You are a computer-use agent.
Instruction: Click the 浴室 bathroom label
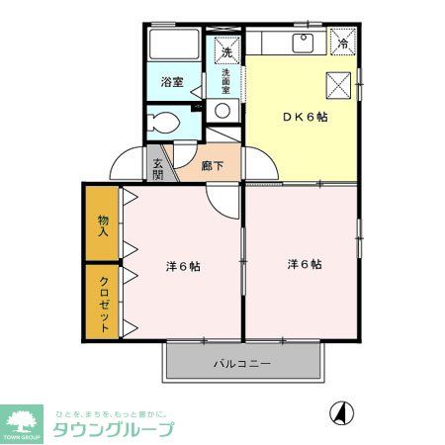tap(171, 82)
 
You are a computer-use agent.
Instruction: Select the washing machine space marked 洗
tap(225, 50)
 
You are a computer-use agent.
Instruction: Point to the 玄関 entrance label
tap(158, 168)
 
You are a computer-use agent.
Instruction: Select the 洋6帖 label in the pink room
tap(182, 266)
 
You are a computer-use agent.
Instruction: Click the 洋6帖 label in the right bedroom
tap(304, 264)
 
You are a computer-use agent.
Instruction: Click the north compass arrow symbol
tap(338, 411)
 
